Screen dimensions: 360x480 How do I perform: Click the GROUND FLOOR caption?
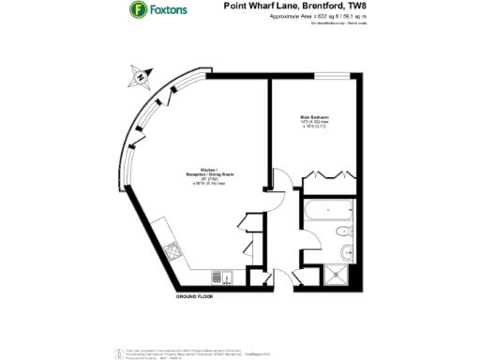[x=194, y=295]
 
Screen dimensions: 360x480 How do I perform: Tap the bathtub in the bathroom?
[x=329, y=211]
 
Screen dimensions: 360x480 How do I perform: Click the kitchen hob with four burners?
[x=173, y=250]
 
